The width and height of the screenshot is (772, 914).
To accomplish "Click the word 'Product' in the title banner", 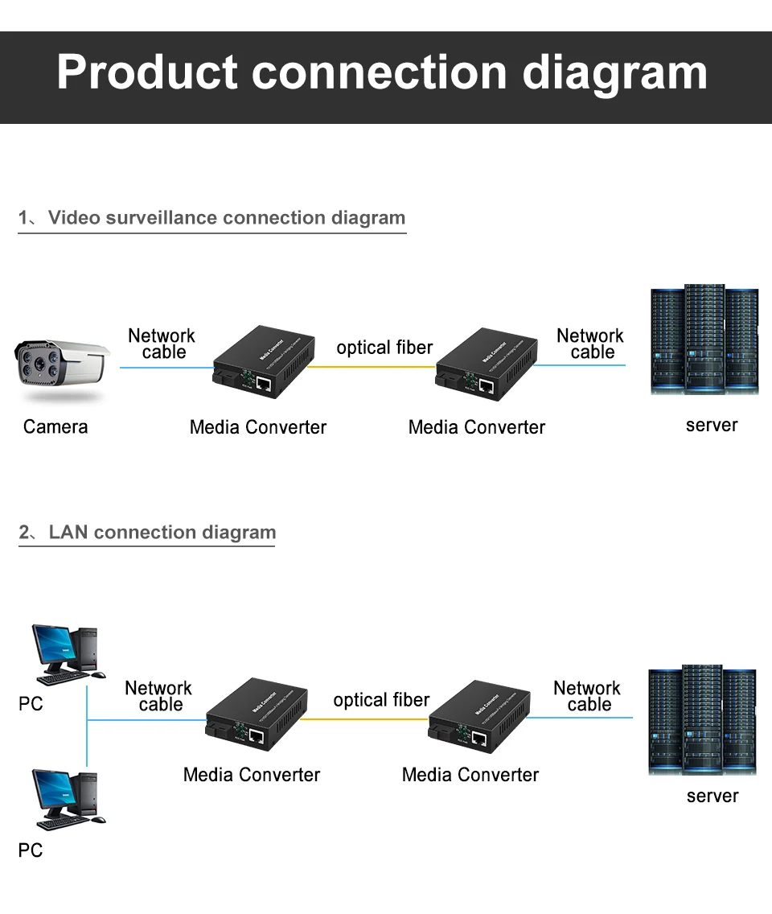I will [147, 72].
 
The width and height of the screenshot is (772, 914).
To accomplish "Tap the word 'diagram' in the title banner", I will [615, 72].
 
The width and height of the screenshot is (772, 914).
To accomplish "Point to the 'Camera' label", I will [55, 426].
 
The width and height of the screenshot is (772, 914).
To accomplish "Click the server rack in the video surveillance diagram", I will [704, 340].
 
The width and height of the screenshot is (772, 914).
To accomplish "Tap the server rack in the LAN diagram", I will [702, 720].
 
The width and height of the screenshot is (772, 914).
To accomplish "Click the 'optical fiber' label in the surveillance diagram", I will [384, 348].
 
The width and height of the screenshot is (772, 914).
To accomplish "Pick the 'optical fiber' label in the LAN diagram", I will [381, 700].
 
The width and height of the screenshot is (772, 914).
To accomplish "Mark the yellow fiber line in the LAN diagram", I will [365, 719].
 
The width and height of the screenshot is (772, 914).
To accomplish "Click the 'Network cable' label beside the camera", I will [162, 344].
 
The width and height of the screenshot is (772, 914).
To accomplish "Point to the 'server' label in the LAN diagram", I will [712, 796].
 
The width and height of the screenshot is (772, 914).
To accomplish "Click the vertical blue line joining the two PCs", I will [87, 724].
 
